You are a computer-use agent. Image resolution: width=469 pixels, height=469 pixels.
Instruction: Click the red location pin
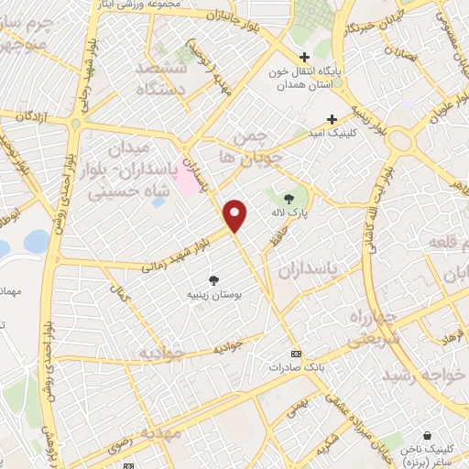point(237,215)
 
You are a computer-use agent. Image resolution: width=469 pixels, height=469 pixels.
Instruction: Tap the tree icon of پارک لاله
point(290,198)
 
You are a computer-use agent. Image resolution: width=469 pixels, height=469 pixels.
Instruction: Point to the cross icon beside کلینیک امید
point(333,118)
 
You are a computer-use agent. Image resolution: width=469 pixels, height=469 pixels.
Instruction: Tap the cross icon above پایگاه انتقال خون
point(304,58)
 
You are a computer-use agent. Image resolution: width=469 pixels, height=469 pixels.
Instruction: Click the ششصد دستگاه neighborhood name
point(162,80)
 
